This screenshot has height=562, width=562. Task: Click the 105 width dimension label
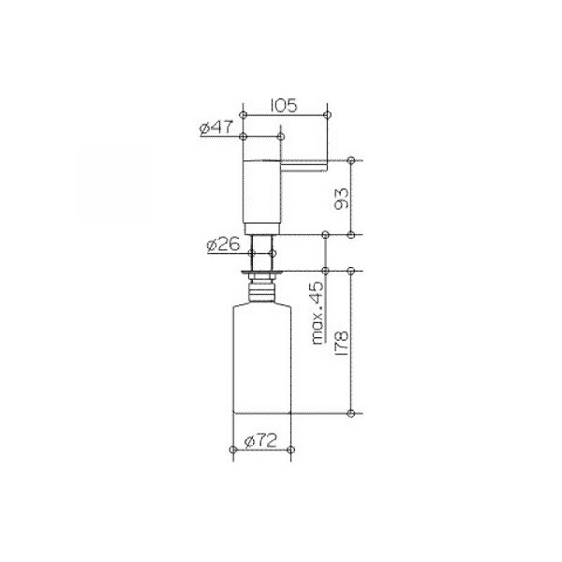pos(284,106)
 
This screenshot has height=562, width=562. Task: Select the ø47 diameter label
pos(216,128)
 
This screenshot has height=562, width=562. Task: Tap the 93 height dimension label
pos(341,199)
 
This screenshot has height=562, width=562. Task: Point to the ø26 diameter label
pos(223,244)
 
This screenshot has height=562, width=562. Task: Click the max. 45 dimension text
pos(318,313)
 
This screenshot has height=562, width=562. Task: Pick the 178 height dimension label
pos(341,343)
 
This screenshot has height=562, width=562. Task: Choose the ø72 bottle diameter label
pos(260,440)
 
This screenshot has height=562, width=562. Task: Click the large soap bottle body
pos(262,359)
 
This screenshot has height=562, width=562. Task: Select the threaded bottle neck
pos(262,291)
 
